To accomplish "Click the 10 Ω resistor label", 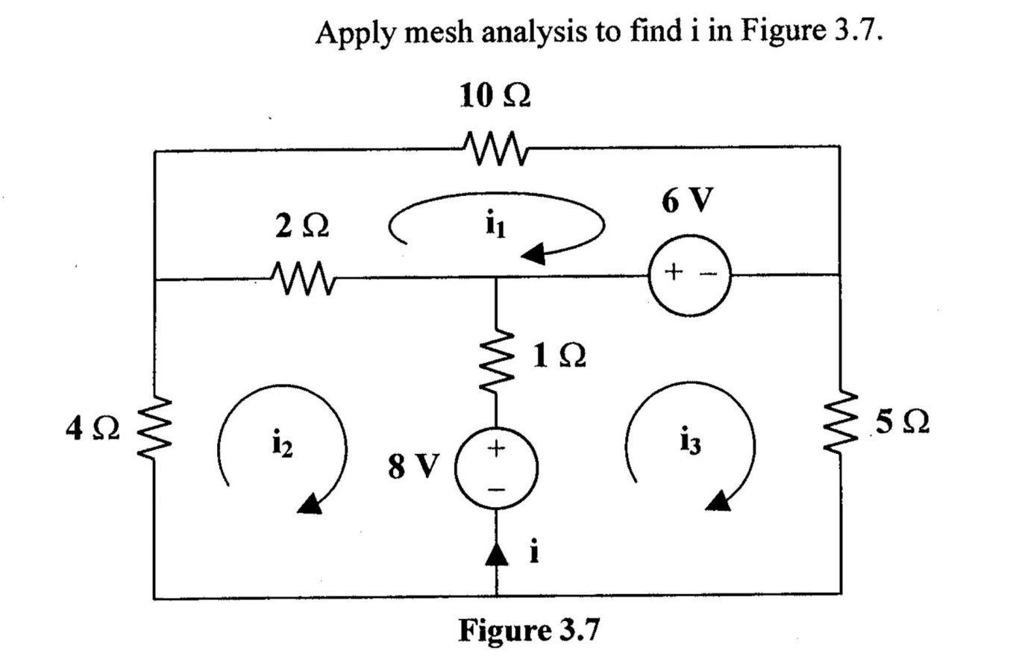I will point(495,98).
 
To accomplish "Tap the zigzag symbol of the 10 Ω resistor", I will point(495,142).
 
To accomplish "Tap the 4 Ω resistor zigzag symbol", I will point(154,432).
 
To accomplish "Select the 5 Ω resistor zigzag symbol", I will point(839,427).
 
